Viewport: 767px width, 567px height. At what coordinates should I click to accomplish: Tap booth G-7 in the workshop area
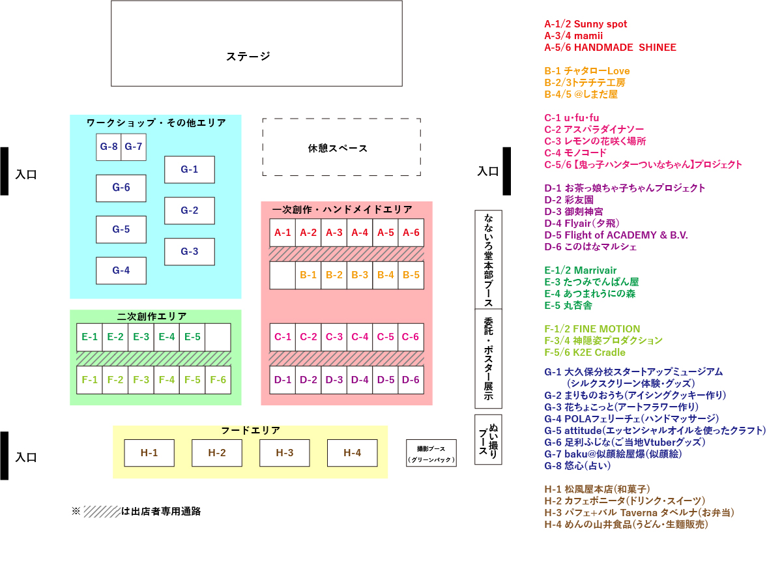click(134, 147)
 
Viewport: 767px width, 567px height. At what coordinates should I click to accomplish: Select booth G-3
click(189, 252)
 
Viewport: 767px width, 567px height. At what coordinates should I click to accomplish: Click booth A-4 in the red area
click(360, 233)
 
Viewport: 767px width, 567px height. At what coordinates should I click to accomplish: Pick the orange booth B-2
click(334, 275)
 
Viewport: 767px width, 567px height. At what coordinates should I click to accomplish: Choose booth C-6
click(411, 337)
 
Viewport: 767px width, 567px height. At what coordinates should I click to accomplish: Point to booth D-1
click(283, 380)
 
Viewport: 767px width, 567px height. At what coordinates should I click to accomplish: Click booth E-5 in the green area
click(192, 337)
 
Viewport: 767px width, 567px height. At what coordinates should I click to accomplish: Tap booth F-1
click(89, 380)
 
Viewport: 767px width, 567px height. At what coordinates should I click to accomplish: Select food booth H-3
click(284, 453)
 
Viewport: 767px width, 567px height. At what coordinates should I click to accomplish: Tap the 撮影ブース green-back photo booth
click(431, 453)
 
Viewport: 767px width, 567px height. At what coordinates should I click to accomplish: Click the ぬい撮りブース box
click(488, 439)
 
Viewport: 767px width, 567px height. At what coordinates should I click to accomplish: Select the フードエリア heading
click(250, 431)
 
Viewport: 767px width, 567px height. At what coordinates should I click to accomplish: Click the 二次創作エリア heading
click(152, 316)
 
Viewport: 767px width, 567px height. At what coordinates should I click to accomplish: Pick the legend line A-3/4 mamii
click(573, 36)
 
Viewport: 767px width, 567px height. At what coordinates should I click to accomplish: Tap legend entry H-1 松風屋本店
click(597, 489)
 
